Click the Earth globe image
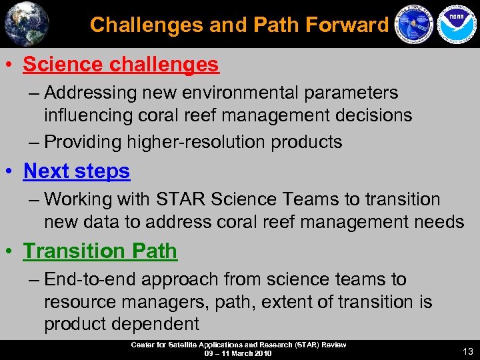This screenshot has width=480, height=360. [x=27, y=24]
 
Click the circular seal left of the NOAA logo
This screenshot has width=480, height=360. [x=413, y=25]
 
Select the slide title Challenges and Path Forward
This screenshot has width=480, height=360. [x=239, y=25]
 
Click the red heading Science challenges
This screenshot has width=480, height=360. [x=121, y=65]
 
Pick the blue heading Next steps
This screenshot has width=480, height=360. [x=77, y=171]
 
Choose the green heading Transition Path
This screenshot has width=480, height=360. [x=100, y=251]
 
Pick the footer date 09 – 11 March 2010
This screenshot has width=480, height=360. [x=238, y=353]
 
